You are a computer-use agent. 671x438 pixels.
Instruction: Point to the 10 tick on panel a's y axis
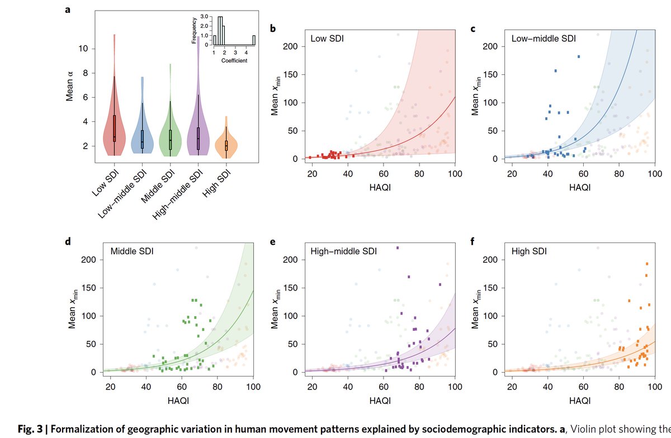click(x=82, y=49)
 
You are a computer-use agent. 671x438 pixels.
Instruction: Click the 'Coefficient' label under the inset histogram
click(x=234, y=60)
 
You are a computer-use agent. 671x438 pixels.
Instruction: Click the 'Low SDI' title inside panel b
click(x=327, y=40)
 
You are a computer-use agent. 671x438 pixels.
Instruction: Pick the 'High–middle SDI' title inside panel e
click(x=343, y=252)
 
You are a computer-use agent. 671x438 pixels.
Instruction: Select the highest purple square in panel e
click(x=397, y=248)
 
